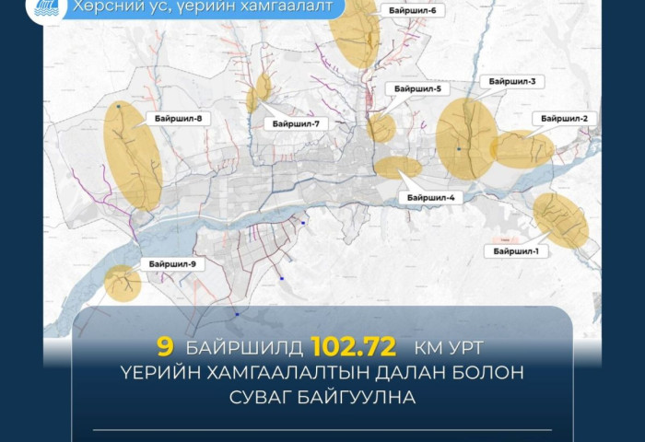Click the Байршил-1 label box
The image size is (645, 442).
[x=521, y=250]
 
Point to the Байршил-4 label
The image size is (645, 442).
[x=430, y=197]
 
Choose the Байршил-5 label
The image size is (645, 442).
[x=417, y=88]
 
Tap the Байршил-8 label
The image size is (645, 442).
[x=179, y=118]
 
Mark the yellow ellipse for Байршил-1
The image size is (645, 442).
[x=560, y=219]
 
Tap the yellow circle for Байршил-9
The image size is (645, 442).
[x=122, y=283]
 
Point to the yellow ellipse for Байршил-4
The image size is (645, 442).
[x=398, y=168]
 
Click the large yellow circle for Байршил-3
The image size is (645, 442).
[x=466, y=136]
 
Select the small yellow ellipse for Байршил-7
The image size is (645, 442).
[x=259, y=92]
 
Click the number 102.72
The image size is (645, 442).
[x=354, y=347]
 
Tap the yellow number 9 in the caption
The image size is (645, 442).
[x=166, y=347]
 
